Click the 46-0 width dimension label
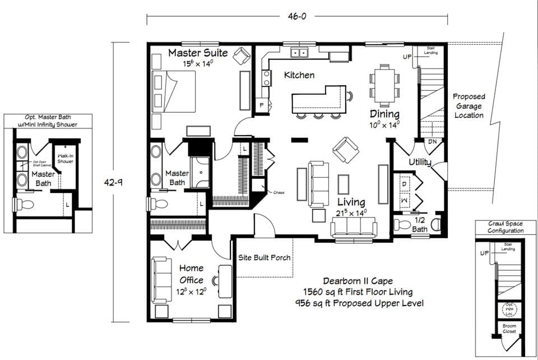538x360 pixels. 297,17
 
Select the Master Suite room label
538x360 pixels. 198,53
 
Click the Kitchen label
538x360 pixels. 299,75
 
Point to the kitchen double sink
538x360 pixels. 299,53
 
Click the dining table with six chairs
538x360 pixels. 384,85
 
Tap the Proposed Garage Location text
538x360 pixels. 469,105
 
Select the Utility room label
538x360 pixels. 420,162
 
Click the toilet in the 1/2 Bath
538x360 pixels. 402,226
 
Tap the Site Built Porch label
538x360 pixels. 265,257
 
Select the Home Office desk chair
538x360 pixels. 216,280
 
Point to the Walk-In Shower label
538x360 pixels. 66,158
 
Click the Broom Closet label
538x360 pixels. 509,329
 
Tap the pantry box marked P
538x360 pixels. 261,105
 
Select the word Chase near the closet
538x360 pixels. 279,192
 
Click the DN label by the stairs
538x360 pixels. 432,142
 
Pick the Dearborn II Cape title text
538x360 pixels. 358,281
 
